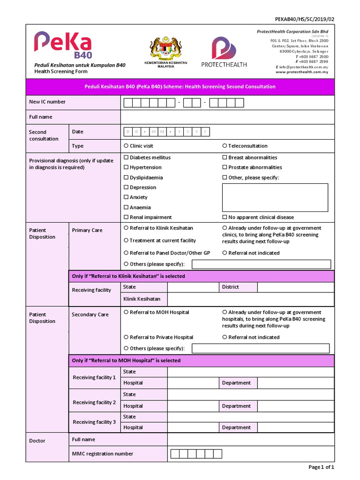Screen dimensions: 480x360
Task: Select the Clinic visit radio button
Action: click(x=126, y=146)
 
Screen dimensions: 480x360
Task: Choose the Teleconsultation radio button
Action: click(x=225, y=146)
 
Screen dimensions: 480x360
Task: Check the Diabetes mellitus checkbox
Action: click(x=126, y=157)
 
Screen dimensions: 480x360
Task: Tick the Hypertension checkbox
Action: click(x=126, y=167)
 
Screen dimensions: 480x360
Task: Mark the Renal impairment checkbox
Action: click(x=126, y=217)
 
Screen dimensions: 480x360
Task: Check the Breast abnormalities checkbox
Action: click(x=225, y=157)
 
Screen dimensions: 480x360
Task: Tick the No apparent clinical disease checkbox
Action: click(x=225, y=217)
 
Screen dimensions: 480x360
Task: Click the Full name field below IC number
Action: click(x=227, y=117)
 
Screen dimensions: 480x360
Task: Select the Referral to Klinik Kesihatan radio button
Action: click(x=126, y=228)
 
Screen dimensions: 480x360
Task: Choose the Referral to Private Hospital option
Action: click(x=126, y=337)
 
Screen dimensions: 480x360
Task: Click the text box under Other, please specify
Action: click(x=275, y=197)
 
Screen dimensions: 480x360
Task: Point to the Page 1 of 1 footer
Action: click(x=321, y=467)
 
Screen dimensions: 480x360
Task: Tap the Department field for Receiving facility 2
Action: click(x=295, y=406)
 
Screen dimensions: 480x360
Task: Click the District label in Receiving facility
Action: click(x=230, y=287)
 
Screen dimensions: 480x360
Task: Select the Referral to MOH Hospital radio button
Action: click(x=126, y=312)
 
